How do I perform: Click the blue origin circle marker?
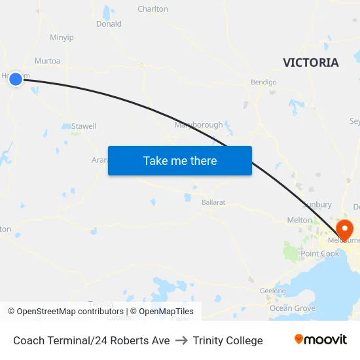(x=16, y=79)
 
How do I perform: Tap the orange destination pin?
(x=344, y=228)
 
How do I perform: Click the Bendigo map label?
(x=264, y=82)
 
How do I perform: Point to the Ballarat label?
(x=213, y=202)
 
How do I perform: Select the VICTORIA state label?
(x=311, y=63)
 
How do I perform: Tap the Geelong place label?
(x=273, y=291)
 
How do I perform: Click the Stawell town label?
(x=84, y=126)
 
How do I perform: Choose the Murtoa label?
(x=47, y=61)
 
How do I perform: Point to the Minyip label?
(x=62, y=37)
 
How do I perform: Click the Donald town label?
(x=109, y=24)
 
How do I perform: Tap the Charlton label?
(x=153, y=9)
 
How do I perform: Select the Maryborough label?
(x=198, y=125)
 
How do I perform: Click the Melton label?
(x=300, y=220)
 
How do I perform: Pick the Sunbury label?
(x=319, y=205)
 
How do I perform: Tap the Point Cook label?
(x=320, y=253)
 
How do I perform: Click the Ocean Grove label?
(x=293, y=308)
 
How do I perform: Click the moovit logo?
(x=321, y=340)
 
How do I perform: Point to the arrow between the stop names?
(x=181, y=340)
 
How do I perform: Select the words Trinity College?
(x=228, y=340)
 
